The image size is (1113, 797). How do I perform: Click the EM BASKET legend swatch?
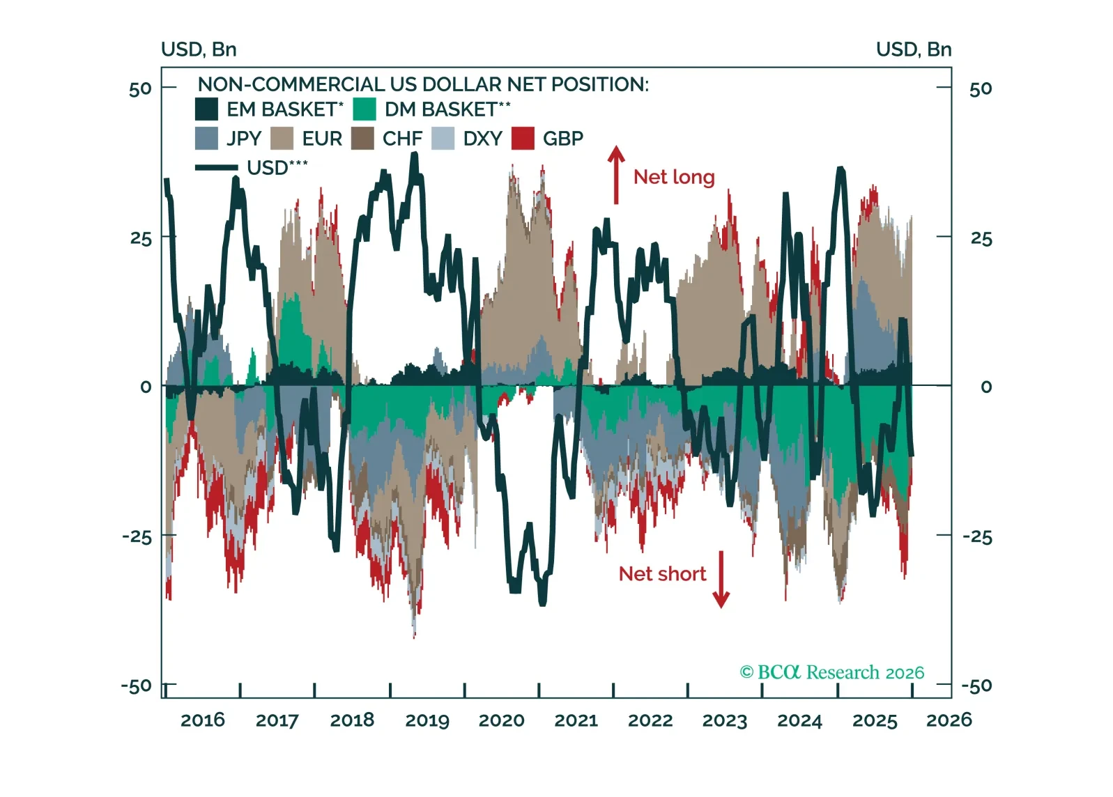click(206, 109)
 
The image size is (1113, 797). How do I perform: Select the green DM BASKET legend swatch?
click(364, 109)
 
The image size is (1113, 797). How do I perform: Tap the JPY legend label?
click(244, 139)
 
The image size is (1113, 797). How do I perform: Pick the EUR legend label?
click(322, 139)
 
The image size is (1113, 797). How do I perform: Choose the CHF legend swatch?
click(363, 139)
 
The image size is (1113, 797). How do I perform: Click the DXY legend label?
click(482, 139)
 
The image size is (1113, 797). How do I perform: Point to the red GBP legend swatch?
click(523, 139)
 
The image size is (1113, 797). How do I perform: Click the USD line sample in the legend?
click(217, 168)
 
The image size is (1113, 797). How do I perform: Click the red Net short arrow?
click(721, 579)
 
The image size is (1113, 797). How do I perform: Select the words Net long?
click(674, 177)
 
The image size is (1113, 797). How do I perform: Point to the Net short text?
click(662, 574)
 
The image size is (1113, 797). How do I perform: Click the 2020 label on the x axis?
click(501, 720)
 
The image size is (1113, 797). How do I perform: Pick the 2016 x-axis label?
click(203, 720)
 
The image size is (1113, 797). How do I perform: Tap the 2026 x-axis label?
click(949, 720)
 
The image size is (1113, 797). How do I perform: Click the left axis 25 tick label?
click(141, 239)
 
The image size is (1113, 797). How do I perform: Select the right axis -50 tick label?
click(976, 686)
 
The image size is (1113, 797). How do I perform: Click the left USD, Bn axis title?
click(199, 49)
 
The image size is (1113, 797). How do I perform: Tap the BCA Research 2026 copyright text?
click(831, 672)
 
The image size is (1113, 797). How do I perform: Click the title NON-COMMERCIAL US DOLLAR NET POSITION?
click(423, 84)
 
